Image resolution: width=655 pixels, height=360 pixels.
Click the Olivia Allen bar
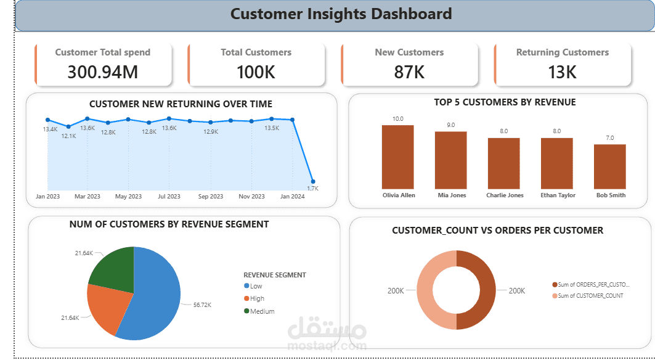(397, 157)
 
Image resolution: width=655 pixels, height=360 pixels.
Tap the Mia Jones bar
(450, 160)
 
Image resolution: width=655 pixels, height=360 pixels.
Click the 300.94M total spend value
(102, 72)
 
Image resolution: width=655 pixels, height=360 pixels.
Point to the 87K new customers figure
(409, 72)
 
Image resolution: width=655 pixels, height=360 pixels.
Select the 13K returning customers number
(562, 72)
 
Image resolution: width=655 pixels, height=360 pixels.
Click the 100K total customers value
(256, 72)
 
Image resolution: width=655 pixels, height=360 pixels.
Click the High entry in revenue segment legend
(257, 298)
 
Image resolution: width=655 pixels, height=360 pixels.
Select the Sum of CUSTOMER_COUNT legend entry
(590, 296)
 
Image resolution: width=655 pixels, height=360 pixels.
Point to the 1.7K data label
(312, 188)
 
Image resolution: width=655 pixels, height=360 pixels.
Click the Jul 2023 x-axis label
(169, 197)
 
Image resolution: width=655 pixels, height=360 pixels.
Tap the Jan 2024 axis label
(293, 197)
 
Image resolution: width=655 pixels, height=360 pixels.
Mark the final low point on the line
(313, 181)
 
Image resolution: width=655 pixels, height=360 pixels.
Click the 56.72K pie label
(203, 305)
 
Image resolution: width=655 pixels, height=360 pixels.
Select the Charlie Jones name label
(505, 195)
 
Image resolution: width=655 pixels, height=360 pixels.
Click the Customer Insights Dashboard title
(341, 14)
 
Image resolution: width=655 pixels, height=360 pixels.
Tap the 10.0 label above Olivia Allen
(398, 119)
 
